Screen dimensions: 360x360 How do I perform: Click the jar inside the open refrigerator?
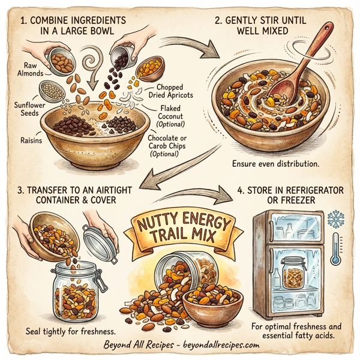pyautogui.click(x=294, y=274)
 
